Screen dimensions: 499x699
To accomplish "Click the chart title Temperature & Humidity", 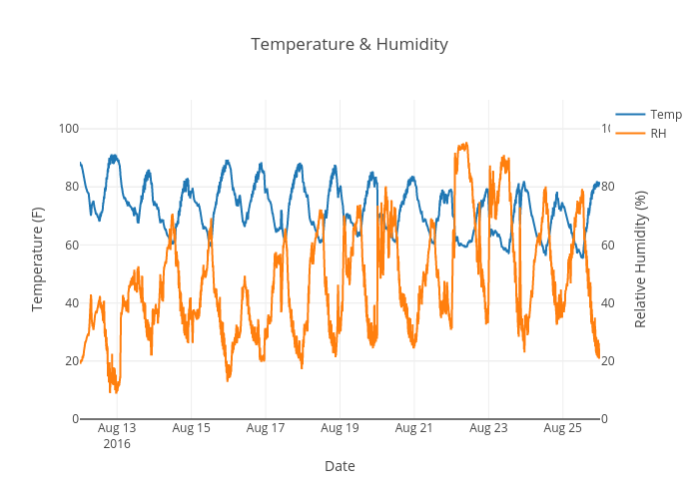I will tap(349, 45).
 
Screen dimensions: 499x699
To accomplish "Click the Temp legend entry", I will tap(665, 115).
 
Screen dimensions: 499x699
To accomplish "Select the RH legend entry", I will tap(658, 134).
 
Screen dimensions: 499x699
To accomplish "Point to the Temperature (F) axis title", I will tap(38, 259).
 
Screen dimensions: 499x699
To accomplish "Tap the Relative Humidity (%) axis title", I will tap(640, 259).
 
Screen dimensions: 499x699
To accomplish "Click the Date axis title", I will tap(340, 466).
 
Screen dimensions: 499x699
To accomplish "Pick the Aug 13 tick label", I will tap(117, 428).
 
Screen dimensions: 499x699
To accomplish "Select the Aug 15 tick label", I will tap(191, 428).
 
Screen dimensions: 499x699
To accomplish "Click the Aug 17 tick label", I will tap(265, 428).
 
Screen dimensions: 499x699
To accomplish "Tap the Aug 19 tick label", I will tap(340, 428).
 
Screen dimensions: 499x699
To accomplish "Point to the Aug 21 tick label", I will tap(413, 428).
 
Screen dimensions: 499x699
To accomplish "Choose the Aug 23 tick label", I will tap(487, 428).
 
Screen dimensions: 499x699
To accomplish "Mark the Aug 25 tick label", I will tap(562, 428).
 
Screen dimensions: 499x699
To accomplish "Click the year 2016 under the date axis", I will tap(117, 443).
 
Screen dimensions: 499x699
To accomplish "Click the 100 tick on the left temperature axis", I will tap(68, 128).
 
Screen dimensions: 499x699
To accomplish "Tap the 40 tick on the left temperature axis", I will tap(71, 302).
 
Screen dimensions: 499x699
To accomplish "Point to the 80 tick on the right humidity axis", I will tap(608, 187).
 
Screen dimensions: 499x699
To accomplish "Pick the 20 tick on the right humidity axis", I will tap(608, 361).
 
